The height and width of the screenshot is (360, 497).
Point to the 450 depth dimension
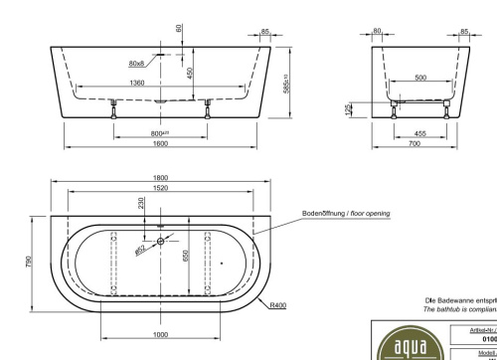(189, 73)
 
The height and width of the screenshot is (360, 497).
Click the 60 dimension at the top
(180, 27)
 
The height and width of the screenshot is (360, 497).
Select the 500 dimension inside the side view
(421, 77)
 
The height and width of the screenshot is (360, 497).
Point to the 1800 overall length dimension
(160, 177)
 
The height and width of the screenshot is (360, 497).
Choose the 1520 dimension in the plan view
(160, 187)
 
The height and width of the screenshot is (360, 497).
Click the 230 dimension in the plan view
(141, 203)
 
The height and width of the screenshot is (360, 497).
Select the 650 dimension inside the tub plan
(185, 255)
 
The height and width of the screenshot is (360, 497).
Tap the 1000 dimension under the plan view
(160, 334)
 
